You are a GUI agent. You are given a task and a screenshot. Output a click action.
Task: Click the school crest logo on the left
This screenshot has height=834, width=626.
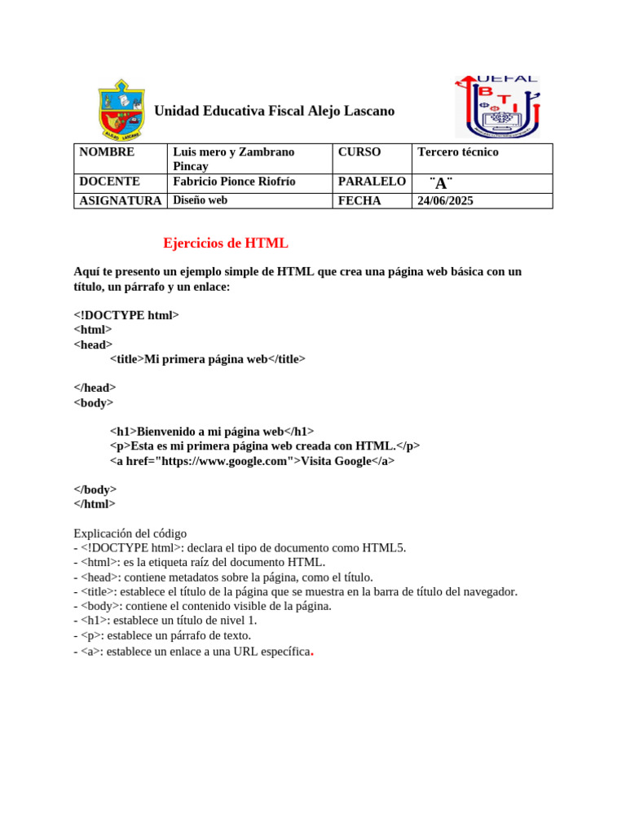coord(121,110)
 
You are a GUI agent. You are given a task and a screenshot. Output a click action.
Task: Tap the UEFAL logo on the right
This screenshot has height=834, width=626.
coord(497,108)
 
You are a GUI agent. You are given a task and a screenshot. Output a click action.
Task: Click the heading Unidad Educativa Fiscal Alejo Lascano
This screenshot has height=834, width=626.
coord(274,111)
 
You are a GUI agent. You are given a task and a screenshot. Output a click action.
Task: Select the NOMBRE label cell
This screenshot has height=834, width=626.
coord(107,152)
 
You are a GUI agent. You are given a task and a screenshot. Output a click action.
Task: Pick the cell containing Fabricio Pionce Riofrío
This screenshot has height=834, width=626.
coord(235,182)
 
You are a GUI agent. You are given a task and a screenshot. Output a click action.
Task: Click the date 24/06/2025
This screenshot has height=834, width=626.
coord(445,200)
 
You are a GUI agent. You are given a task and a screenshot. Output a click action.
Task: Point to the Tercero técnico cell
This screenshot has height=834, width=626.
coord(458,152)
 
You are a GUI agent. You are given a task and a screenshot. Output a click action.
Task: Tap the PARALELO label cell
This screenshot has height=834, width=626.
coord(372,182)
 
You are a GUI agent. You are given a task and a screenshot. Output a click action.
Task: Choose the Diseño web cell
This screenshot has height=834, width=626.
coord(201,200)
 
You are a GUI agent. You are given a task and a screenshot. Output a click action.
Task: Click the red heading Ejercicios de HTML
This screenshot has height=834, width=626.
coord(226,243)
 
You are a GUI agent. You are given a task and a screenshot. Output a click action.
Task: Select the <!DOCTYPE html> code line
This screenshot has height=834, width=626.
coord(126,315)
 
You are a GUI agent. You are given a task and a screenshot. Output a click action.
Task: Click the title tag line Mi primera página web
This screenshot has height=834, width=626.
coord(208,358)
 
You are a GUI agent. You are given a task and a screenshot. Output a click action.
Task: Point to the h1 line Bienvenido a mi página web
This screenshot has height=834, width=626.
coord(212,432)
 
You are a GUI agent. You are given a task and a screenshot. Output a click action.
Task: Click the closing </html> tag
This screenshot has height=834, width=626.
coord(95,503)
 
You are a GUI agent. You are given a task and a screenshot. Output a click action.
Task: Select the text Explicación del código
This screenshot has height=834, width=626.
coord(130,533)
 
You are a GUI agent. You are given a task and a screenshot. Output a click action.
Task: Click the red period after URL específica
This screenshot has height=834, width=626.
coord(312,653)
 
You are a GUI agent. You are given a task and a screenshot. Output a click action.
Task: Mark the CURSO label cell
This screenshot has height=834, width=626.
coord(359,152)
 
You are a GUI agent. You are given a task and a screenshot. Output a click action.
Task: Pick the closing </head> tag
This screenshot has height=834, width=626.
coord(95,388)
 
